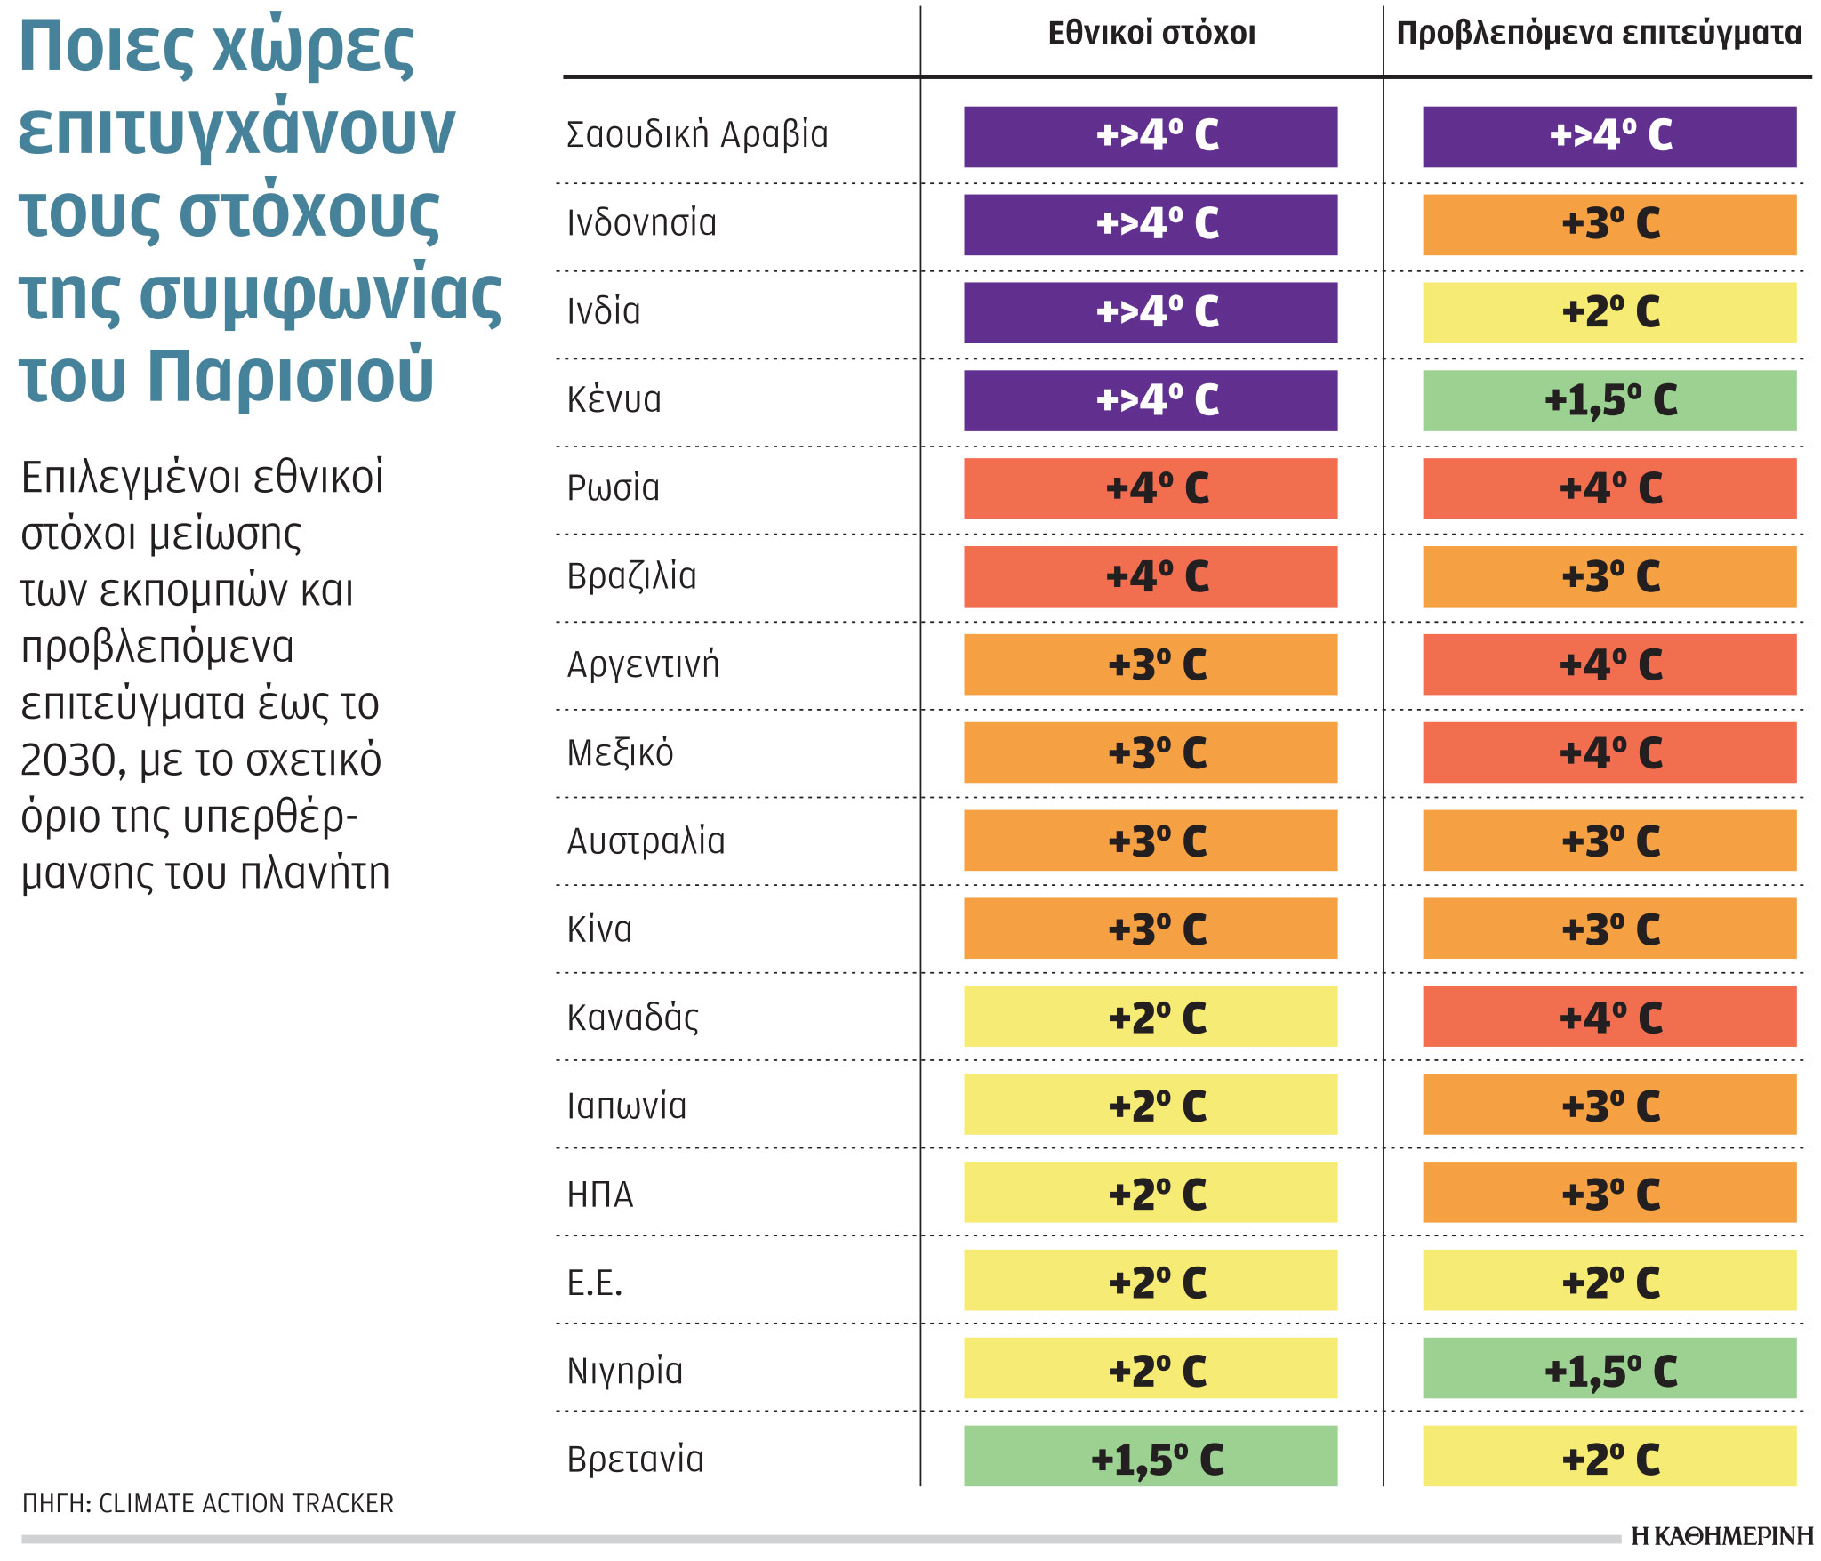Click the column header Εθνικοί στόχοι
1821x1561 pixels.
(1151, 34)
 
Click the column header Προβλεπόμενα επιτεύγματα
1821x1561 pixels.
(1599, 34)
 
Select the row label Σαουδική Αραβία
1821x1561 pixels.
(697, 135)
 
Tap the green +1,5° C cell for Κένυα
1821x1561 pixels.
(1609, 400)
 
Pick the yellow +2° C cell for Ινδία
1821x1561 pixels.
(1609, 312)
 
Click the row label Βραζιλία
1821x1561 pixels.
(632, 576)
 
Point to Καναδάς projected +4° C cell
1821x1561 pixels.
(1609, 1017)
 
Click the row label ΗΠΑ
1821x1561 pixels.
(600, 1195)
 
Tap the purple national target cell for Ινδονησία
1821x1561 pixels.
(1151, 224)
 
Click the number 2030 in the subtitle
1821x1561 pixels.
(68, 761)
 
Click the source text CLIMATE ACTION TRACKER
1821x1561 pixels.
(246, 1503)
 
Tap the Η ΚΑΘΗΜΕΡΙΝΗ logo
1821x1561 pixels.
(1721, 1536)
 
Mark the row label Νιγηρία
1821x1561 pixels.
(625, 1371)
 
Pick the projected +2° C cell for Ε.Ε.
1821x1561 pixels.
(1609, 1281)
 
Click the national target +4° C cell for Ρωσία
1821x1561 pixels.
(1151, 488)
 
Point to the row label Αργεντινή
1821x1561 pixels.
(643, 664)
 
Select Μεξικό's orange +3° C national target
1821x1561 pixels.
(1151, 752)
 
